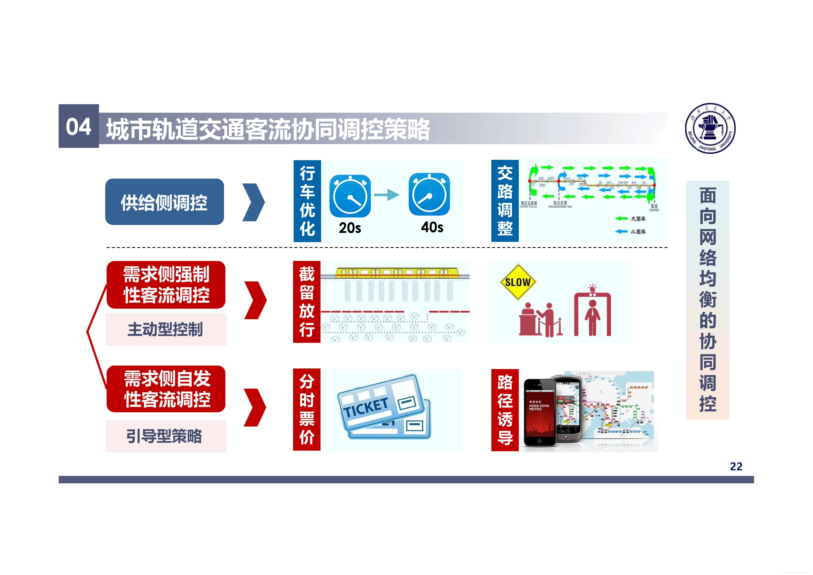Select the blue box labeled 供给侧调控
pyautogui.click(x=164, y=202)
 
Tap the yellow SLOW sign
pyautogui.click(x=518, y=282)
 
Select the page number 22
pyautogui.click(x=736, y=466)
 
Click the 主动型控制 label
pyautogui.click(x=165, y=330)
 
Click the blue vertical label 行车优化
pyautogui.click(x=307, y=201)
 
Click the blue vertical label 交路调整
pyautogui.click(x=505, y=201)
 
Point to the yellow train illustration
pyautogui.click(x=397, y=273)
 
